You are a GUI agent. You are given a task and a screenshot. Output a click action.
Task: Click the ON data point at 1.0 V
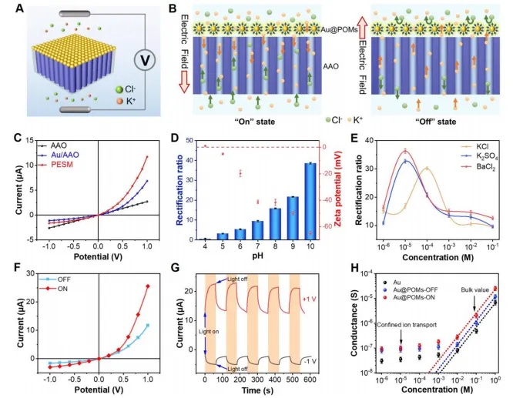click(147, 286)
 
